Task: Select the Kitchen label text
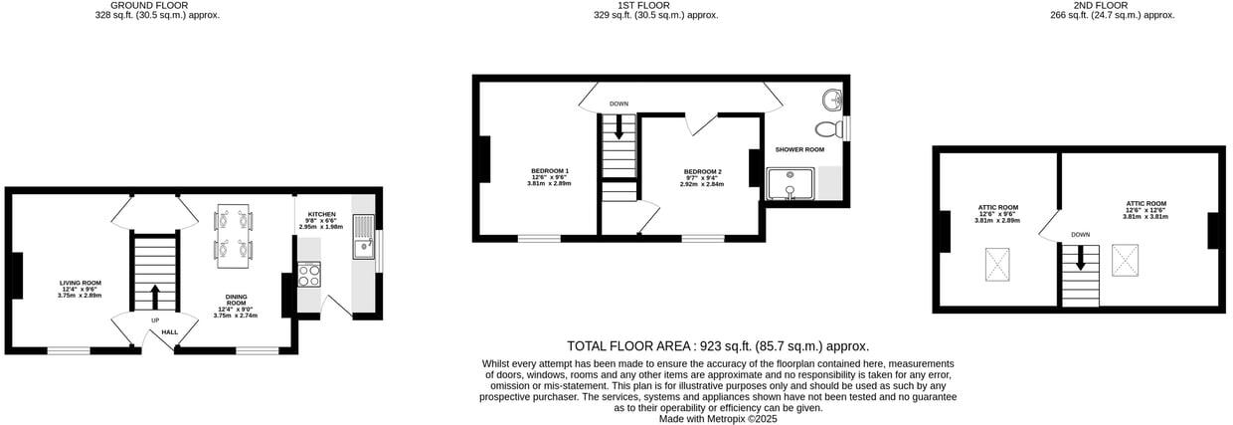coord(321,214)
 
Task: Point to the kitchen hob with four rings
coord(309,274)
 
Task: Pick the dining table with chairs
coord(234,235)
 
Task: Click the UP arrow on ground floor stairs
coord(155,297)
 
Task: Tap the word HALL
coord(170,331)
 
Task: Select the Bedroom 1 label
coord(549,170)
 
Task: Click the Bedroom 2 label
coord(702,171)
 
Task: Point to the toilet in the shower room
coord(825,129)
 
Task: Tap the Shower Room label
coord(799,149)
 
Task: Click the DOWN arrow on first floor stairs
coord(619,126)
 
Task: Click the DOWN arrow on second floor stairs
coord(1080,259)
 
